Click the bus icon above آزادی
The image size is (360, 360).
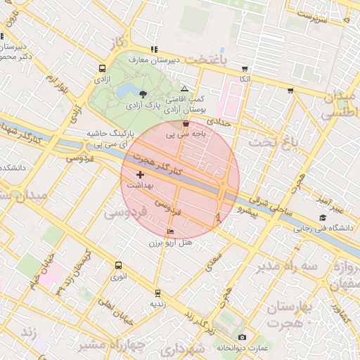(x=103, y=69)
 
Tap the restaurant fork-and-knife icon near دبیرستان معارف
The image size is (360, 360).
(x=154, y=49)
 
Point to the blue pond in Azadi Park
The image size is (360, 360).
(x=127, y=91)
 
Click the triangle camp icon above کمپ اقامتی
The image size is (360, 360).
(x=184, y=89)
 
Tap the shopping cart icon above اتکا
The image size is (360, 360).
(x=245, y=69)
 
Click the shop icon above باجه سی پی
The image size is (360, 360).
(x=185, y=123)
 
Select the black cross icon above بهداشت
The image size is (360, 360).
(x=140, y=174)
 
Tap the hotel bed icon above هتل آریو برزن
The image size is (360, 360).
(x=171, y=232)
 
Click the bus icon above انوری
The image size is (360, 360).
(x=118, y=266)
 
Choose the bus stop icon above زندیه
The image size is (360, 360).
(x=157, y=292)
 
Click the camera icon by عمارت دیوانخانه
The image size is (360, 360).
(x=243, y=337)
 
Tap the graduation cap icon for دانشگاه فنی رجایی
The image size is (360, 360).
(x=323, y=217)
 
